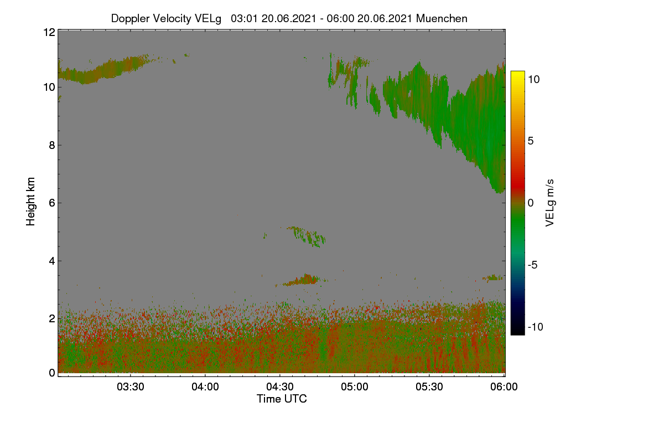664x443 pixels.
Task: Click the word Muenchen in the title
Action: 442,19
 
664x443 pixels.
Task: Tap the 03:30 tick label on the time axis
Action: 131,387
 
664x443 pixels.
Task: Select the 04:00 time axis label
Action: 205,387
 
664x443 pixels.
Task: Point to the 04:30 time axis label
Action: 280,387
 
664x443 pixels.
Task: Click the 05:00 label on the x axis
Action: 355,387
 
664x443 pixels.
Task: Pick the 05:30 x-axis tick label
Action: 429,387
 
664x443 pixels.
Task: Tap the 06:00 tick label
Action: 504,387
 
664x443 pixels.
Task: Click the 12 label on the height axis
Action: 49,32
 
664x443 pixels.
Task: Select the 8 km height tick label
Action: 52,146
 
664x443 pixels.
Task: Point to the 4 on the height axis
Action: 52,261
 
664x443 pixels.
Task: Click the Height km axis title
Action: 30,202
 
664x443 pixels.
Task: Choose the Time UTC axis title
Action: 282,399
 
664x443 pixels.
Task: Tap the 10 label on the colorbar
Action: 534,80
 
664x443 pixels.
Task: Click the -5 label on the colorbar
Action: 533,265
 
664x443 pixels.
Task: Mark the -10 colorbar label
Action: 536,327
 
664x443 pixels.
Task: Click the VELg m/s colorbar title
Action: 550,203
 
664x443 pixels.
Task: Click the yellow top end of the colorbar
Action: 517,73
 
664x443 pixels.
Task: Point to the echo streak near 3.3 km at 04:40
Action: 302,280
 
